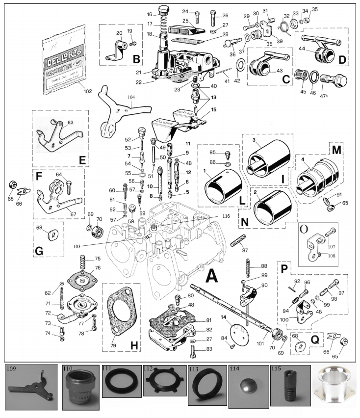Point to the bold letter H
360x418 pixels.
pyautogui.click(x=133, y=345)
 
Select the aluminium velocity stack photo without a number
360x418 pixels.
pyautogui.click(x=338, y=390)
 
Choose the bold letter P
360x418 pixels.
pyautogui.click(x=283, y=269)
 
